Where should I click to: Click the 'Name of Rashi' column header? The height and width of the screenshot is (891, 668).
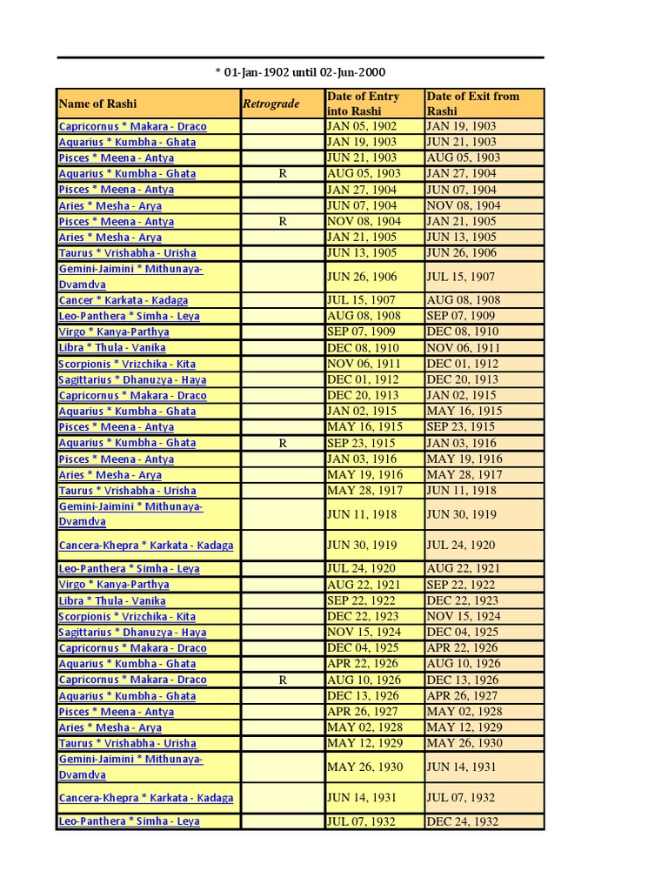coord(97,104)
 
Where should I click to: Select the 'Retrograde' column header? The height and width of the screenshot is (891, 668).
coord(271,104)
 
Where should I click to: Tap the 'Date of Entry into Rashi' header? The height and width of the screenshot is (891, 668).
coord(363,104)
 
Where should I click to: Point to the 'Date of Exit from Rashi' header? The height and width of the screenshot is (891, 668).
coord(472,104)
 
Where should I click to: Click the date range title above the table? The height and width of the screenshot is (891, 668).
coord(301,72)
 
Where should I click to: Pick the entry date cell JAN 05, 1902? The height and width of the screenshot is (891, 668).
coord(362,126)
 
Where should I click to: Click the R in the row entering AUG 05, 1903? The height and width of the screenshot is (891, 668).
coord(283,174)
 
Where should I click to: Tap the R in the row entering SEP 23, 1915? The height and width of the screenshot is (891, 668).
coord(283,443)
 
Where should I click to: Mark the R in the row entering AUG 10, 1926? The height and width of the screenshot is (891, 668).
coord(283,680)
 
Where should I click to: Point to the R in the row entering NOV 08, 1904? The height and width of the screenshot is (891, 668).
coord(283,221)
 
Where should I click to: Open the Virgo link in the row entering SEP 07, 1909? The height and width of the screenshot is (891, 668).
coord(114,332)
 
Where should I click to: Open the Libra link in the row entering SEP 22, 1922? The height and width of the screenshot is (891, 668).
coord(111,601)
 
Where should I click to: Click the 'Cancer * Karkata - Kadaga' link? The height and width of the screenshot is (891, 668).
coord(123,300)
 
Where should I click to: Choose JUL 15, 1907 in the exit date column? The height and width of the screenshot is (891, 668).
coord(460,277)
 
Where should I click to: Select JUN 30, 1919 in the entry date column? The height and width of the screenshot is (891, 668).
coord(362,546)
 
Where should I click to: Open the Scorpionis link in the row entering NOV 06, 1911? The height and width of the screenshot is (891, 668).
coord(127,364)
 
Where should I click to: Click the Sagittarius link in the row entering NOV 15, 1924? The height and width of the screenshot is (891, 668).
coord(132,633)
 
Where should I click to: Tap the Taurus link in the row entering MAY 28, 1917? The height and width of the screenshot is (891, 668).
coord(127,491)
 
